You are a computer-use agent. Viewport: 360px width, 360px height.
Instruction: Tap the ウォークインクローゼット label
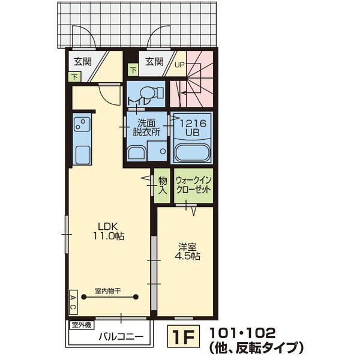point(193,184)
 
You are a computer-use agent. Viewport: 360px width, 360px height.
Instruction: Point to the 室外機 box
point(81,325)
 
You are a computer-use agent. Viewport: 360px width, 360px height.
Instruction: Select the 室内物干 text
point(108,290)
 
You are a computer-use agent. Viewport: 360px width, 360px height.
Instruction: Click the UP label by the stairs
point(179,64)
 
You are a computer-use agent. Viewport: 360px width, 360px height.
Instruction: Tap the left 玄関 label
point(82,61)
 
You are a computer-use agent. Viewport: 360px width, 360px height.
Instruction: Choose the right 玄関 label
point(154,61)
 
